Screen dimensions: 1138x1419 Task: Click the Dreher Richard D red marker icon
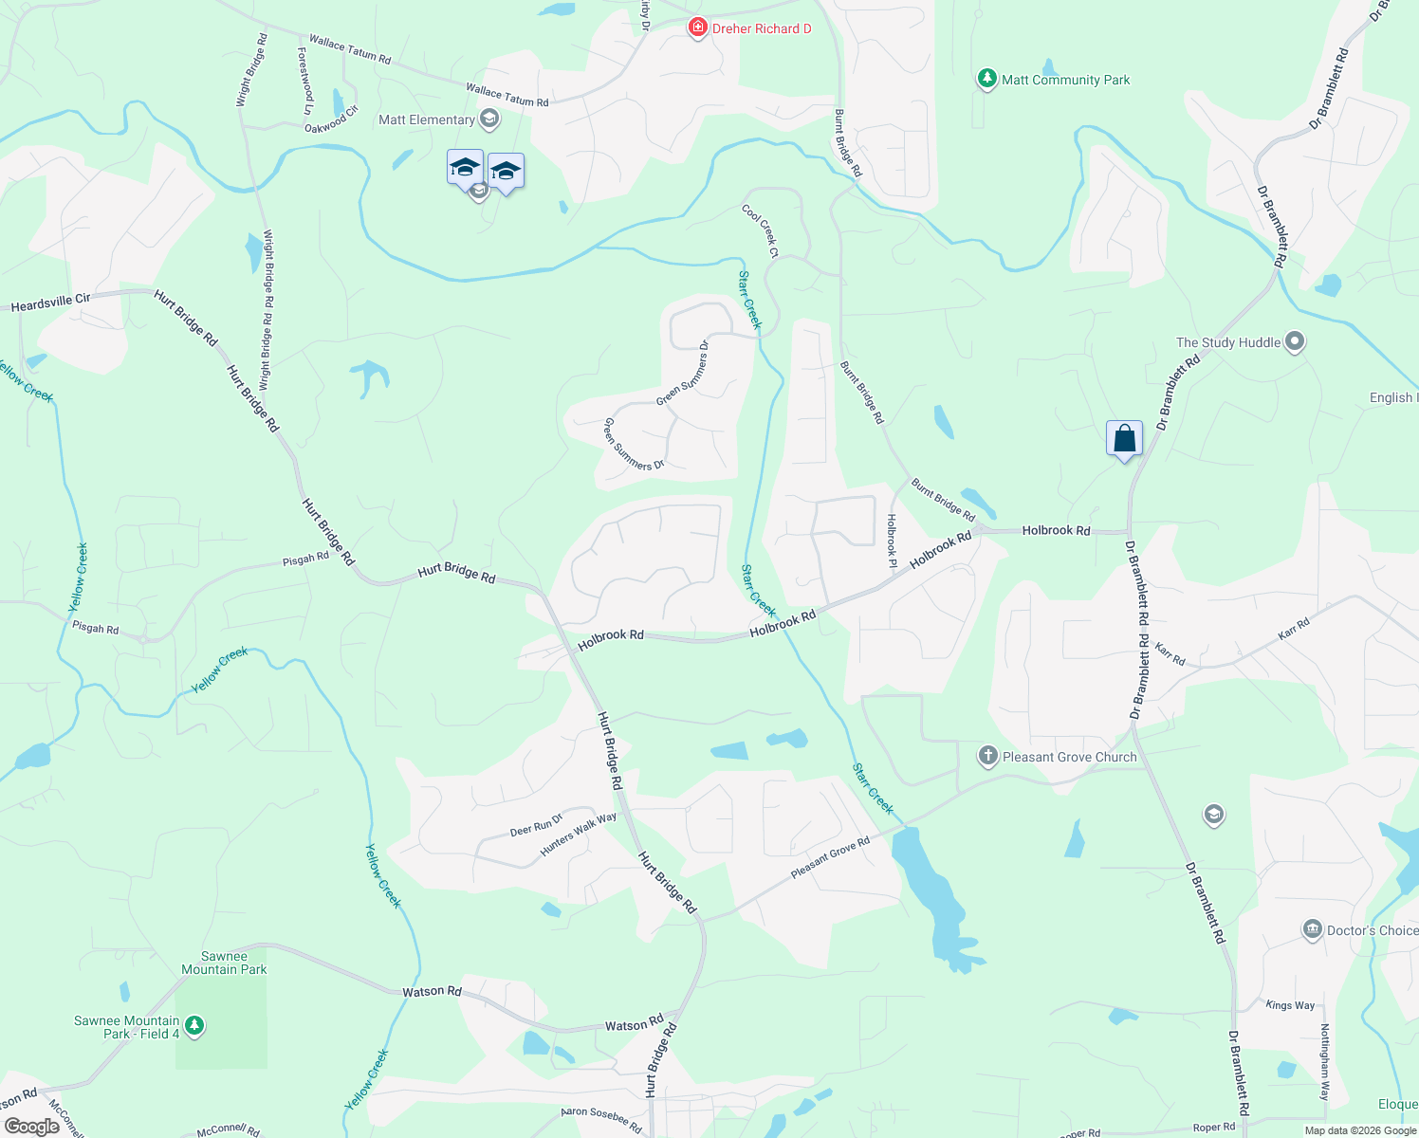[x=698, y=28]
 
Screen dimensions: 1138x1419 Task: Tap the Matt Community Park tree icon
[x=987, y=79]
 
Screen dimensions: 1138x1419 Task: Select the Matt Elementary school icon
[x=489, y=119]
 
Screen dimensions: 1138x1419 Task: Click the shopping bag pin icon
[x=1124, y=439]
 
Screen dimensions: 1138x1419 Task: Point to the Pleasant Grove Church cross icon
[x=988, y=756]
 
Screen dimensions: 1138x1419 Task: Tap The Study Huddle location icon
[x=1295, y=342]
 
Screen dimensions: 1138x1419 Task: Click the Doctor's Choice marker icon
[x=1313, y=929]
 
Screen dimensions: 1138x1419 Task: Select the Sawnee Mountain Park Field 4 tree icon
[x=194, y=1026]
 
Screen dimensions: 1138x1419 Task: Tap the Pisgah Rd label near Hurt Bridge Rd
[x=305, y=560]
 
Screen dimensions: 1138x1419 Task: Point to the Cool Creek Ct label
[x=761, y=231]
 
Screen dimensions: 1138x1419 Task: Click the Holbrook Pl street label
[x=892, y=541]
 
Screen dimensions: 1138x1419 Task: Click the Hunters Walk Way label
[x=578, y=835]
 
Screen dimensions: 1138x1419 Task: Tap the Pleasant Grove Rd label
[x=830, y=857]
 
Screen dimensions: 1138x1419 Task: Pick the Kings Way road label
[x=1290, y=1005]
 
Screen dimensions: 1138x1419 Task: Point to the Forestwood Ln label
[x=305, y=82]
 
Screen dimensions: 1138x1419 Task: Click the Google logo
[x=32, y=1127]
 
